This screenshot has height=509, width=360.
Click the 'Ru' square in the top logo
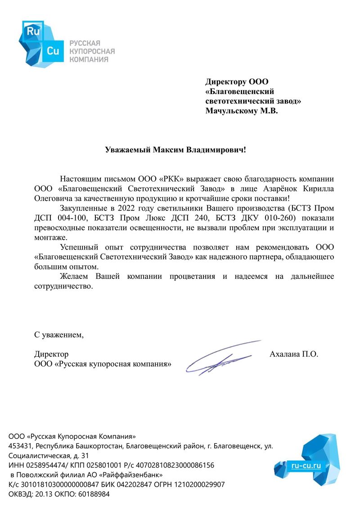click(34, 31)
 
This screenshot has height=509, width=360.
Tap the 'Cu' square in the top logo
click(53, 51)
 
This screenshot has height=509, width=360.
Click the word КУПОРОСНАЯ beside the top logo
click(91, 51)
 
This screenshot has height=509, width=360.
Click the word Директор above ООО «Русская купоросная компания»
click(51, 354)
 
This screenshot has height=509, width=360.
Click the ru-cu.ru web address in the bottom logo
click(306, 466)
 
